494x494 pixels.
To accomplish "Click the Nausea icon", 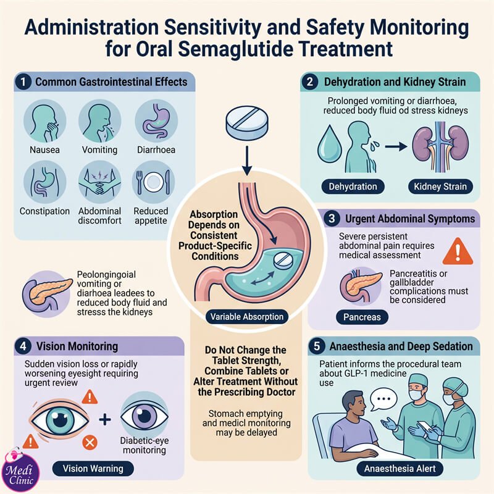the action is click(x=44, y=121).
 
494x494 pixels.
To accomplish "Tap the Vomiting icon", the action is click(x=99, y=121).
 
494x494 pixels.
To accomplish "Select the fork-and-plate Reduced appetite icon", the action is click(x=153, y=182).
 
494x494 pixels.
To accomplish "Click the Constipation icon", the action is click(x=44, y=182).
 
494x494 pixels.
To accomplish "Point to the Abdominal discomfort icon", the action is click(x=99, y=182).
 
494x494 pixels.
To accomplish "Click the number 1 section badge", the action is click(x=23, y=82).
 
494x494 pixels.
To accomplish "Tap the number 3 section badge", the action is click(x=332, y=219).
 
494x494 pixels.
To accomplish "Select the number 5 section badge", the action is click(x=317, y=346).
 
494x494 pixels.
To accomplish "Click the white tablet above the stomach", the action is click(x=248, y=123).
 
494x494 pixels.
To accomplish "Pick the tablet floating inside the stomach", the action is click(x=283, y=260).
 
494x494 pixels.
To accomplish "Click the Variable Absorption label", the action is click(x=247, y=317).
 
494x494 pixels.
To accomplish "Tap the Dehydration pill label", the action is click(x=353, y=186).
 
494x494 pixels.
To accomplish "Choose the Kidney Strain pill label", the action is click(x=440, y=186).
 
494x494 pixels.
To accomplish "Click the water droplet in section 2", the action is click(x=329, y=144).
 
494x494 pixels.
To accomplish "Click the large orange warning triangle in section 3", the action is click(x=458, y=251).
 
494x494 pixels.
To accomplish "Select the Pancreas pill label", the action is click(x=362, y=317).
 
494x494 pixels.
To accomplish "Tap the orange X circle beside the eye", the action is click(x=90, y=443).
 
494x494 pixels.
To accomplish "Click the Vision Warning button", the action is click(x=93, y=469).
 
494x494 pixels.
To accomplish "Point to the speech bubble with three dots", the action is click(x=383, y=400).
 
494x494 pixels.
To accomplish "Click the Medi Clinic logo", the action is click(x=20, y=472).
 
